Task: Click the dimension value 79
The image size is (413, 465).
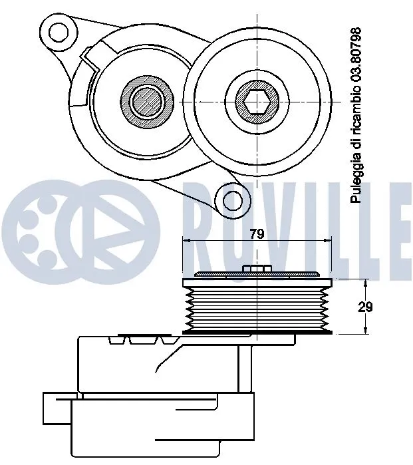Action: click(x=257, y=234)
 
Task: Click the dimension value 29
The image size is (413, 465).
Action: click(x=364, y=307)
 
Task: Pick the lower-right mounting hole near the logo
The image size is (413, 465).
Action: click(x=233, y=199)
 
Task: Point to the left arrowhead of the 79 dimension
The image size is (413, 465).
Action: click(x=186, y=241)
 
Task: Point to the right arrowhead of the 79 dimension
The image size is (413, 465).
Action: click(x=328, y=241)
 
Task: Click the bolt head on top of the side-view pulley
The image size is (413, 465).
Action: click(x=256, y=269)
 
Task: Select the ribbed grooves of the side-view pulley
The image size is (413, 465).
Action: click(x=256, y=305)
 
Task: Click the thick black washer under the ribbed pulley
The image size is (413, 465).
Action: click(x=256, y=331)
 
